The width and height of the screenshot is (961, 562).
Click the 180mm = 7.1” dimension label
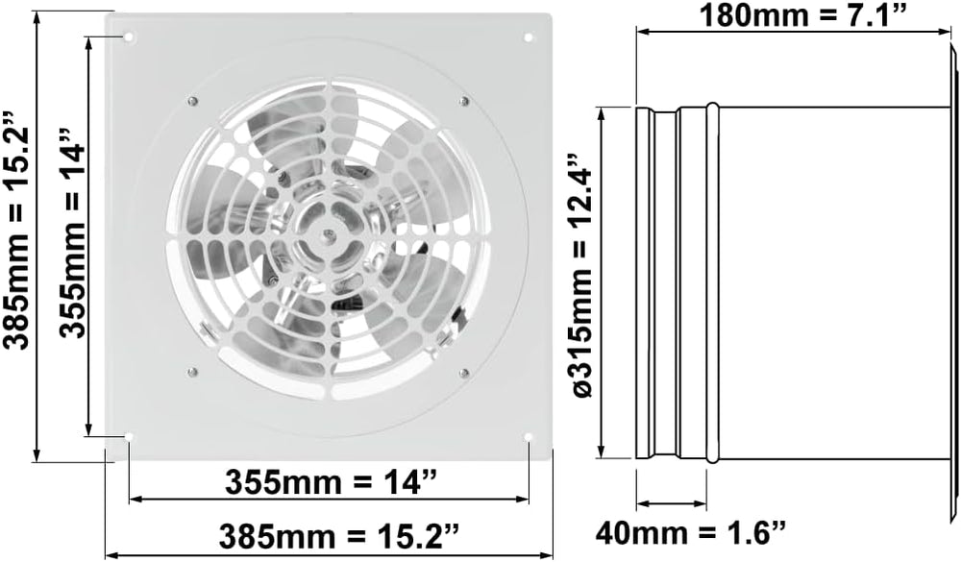point(801,14)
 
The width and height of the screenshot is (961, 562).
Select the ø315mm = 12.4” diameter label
point(583,275)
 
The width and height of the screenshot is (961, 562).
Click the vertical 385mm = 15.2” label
point(16,230)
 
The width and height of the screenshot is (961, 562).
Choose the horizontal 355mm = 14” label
point(331,481)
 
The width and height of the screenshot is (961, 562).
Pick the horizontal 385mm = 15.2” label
point(339,536)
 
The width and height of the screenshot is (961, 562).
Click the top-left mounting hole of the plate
point(130,37)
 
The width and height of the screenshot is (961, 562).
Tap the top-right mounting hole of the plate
point(529,37)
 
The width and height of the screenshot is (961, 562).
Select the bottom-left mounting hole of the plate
point(130,436)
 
